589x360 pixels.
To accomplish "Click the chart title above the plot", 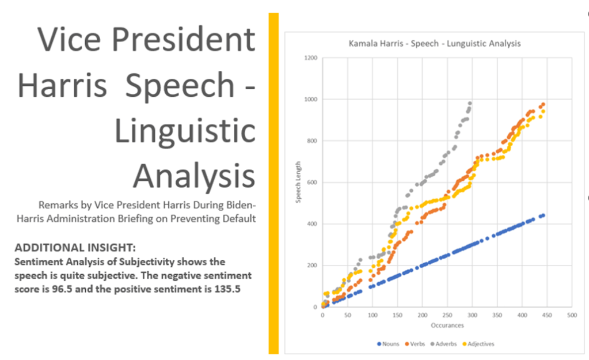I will (x=435, y=44).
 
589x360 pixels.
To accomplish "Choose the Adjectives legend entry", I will (x=479, y=344).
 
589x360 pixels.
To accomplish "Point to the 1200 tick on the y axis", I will (x=311, y=58).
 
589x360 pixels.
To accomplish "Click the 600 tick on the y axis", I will (x=312, y=183).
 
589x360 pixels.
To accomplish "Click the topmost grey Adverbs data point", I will (x=470, y=104).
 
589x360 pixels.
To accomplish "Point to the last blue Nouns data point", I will (x=542, y=215).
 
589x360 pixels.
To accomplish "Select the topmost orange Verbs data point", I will (x=543, y=105).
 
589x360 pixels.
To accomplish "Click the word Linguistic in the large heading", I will (x=184, y=131).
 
